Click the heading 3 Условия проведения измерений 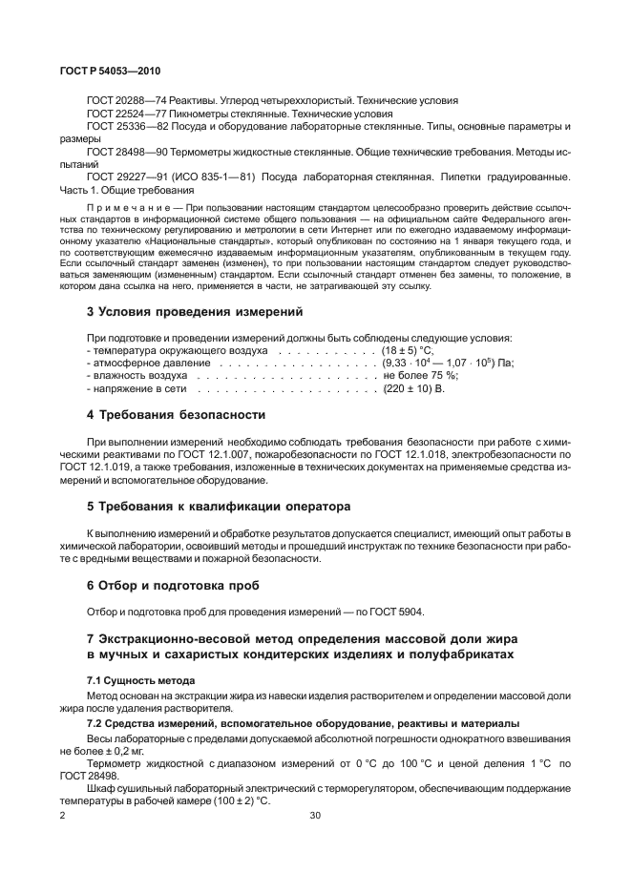coord(195,311)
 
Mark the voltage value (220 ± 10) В coord(414,388)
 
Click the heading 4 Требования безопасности coord(176,415)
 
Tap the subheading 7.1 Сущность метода coord(140,679)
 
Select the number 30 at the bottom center coord(316,816)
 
